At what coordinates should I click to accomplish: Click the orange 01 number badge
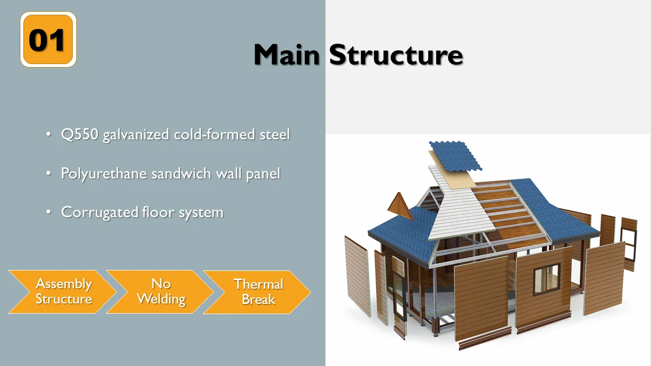click(48, 40)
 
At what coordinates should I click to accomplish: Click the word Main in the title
click(286, 54)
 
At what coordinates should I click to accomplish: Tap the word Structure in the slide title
click(396, 54)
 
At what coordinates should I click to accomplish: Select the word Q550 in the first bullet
click(80, 135)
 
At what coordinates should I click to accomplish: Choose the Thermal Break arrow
click(257, 291)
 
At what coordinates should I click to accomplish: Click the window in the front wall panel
click(546, 279)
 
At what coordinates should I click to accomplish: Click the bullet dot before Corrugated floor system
click(48, 212)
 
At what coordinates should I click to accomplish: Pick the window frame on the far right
click(629, 245)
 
